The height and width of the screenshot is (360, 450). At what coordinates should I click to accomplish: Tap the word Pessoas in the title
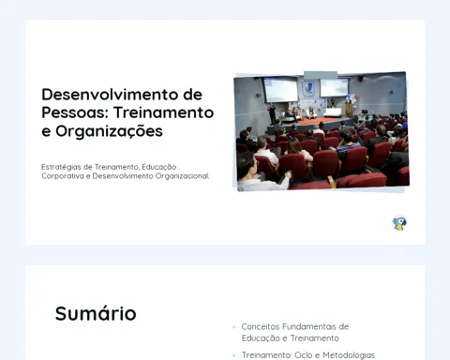coord(75,112)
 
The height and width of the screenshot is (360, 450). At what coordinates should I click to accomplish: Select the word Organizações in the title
coord(109,131)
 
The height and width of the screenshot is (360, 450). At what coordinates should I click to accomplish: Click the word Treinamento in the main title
coord(163,112)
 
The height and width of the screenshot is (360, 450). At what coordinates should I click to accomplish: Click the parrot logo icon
coord(399,223)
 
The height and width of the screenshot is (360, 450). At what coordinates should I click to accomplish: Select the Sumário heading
coord(96,313)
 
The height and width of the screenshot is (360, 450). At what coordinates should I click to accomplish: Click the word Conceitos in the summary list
coord(261,326)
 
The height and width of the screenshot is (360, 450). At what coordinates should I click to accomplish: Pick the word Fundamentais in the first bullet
coord(309,326)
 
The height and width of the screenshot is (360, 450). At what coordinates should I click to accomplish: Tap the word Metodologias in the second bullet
coord(349,355)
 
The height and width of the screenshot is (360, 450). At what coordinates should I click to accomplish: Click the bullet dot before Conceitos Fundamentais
coord(233,327)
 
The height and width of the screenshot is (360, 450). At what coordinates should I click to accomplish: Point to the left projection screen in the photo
coord(280,90)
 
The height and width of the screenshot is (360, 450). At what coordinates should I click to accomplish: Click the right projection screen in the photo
coord(334,87)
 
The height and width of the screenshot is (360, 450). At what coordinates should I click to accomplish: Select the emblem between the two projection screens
coord(308,88)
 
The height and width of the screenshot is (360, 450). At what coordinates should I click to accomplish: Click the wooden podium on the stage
coord(349,111)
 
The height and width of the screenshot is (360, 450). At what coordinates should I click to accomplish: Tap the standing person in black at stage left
coord(272,113)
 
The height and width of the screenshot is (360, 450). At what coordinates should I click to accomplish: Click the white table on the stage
coord(332,112)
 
